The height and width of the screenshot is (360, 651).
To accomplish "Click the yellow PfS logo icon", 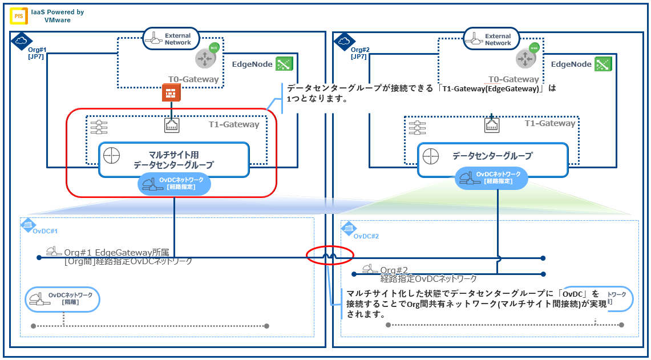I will click(18, 15).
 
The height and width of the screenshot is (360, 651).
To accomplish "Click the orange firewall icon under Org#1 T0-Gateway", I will click(169, 93).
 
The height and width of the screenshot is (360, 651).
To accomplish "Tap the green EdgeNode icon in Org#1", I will click(284, 64).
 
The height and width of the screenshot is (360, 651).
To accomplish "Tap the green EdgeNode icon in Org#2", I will click(603, 64).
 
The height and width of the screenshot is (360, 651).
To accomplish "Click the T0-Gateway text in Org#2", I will click(514, 80).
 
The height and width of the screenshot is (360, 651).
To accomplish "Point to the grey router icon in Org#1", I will click(204, 58).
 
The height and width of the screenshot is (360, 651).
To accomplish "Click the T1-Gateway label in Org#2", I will click(550, 123).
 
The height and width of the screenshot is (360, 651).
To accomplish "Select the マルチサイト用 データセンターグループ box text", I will click(173, 159).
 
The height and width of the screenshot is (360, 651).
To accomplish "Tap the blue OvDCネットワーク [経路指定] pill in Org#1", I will click(175, 183).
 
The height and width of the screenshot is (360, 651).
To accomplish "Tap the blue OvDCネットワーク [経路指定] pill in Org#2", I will click(491, 177).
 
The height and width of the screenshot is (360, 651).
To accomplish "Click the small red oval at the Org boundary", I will click(330, 255).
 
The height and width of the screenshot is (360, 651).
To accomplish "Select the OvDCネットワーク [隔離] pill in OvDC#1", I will click(63, 298).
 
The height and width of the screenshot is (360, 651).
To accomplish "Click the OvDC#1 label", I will click(45, 231).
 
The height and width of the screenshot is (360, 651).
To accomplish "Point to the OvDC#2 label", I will click(366, 236).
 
